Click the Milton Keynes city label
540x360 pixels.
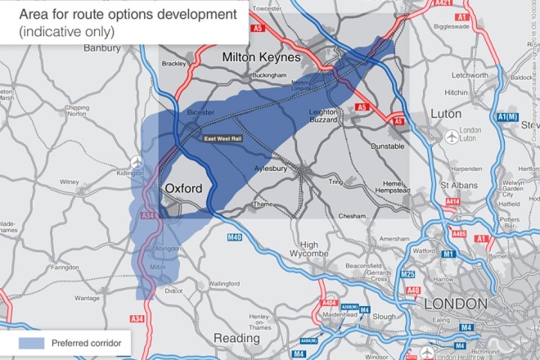pyautogui.click(x=262, y=58)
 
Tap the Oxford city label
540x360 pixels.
pyautogui.click(x=183, y=188)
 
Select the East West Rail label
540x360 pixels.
pyautogui.click(x=223, y=139)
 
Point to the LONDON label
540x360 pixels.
pyautogui.click(x=457, y=304)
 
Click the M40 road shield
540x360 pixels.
pyautogui.click(x=233, y=237)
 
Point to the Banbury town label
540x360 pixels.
pyautogui.click(x=102, y=48)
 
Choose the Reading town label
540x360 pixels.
pyautogui.click(x=236, y=338)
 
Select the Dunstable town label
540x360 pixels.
pyautogui.click(x=388, y=146)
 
